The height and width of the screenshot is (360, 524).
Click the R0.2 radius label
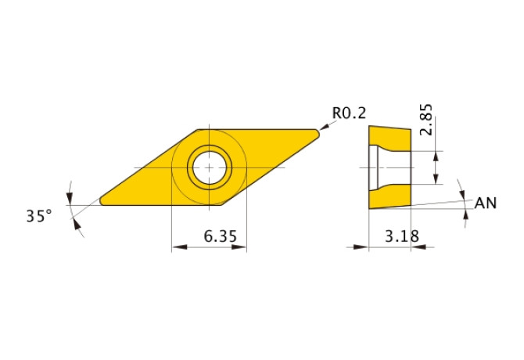(349, 113)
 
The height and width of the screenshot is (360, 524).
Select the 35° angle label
(39, 216)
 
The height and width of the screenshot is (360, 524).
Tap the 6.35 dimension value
(221, 236)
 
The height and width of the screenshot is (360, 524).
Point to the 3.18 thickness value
(402, 236)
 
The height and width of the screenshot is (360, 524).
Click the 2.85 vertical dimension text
(426, 119)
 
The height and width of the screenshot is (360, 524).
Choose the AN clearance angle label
(486, 203)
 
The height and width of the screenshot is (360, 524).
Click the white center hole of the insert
(209, 167)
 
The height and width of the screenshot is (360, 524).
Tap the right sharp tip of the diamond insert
(319, 134)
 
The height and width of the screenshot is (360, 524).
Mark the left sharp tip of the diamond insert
(100, 201)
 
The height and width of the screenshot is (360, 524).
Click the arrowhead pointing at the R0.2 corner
(325, 127)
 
